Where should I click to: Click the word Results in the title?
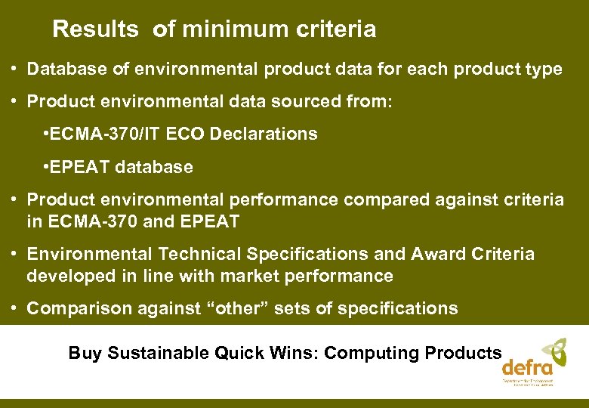click(95, 29)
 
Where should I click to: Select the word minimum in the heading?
click(227, 29)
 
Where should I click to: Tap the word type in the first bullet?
click(544, 70)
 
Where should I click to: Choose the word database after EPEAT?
click(155, 167)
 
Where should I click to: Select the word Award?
click(436, 255)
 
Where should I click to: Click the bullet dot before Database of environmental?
click(15, 70)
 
